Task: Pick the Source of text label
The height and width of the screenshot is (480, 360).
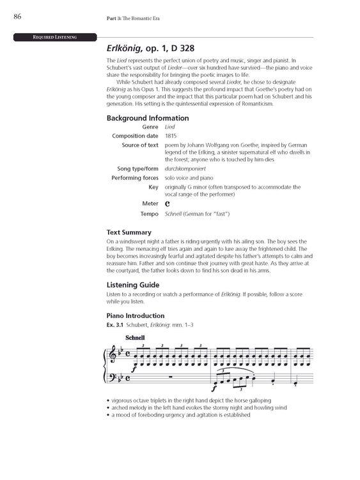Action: point(140,145)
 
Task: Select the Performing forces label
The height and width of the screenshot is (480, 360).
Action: point(135,177)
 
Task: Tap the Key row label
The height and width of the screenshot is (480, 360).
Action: point(153,186)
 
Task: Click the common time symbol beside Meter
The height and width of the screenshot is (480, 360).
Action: point(167,203)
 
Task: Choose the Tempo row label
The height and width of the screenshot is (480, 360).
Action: point(148,213)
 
